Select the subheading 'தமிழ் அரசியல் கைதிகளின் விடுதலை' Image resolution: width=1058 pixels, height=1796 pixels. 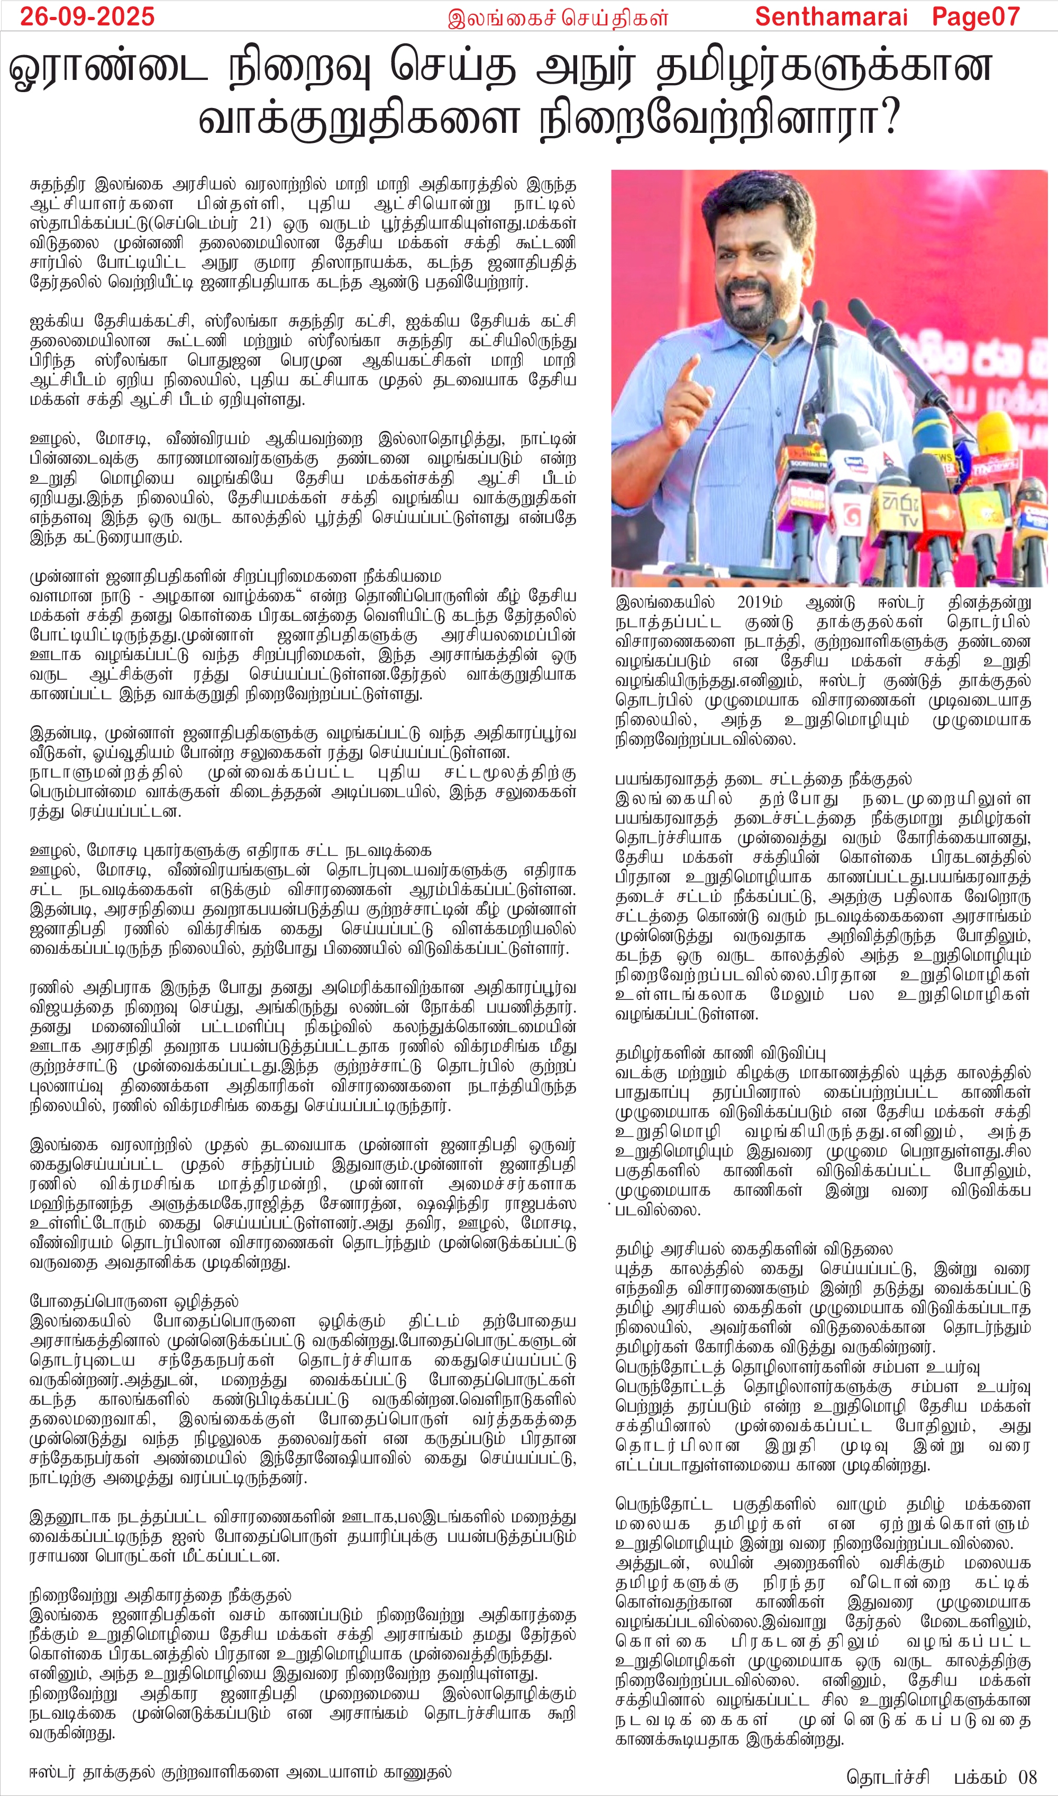(x=754, y=1250)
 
